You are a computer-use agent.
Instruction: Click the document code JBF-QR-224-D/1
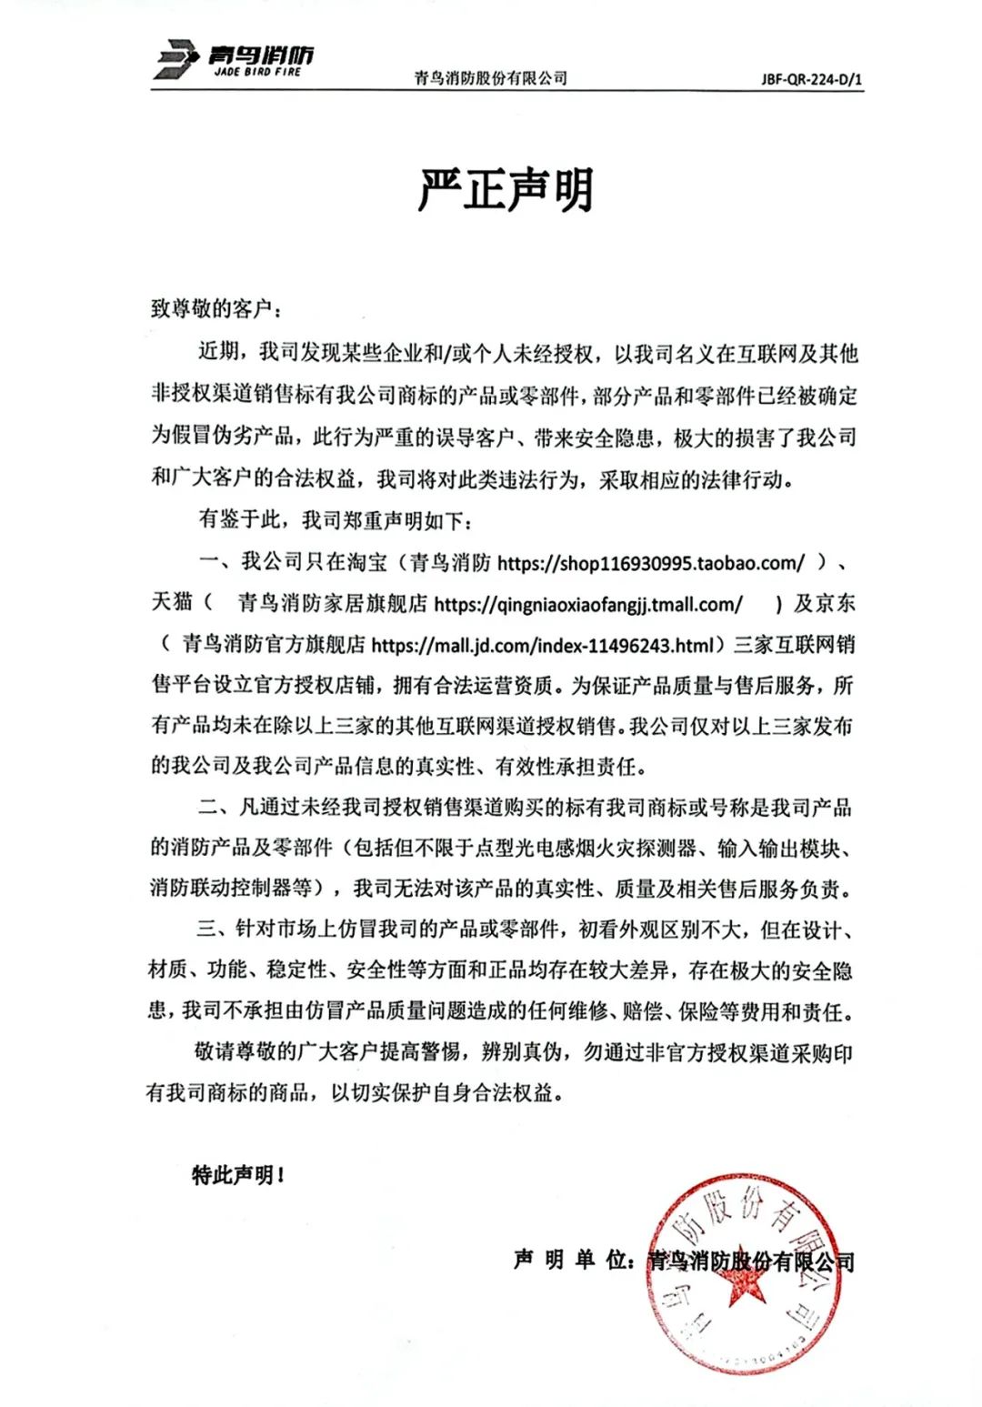(x=811, y=78)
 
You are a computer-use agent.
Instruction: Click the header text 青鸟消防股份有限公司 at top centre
(x=490, y=78)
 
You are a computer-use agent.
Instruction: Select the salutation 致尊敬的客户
(x=213, y=309)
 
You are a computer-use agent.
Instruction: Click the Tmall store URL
(x=589, y=604)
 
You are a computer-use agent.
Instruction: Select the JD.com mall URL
(x=544, y=645)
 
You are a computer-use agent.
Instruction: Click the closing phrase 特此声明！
(x=238, y=1175)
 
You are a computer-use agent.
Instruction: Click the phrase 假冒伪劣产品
(x=233, y=438)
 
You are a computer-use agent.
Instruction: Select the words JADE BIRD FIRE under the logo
(x=257, y=72)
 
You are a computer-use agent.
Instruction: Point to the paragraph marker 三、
(x=210, y=930)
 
